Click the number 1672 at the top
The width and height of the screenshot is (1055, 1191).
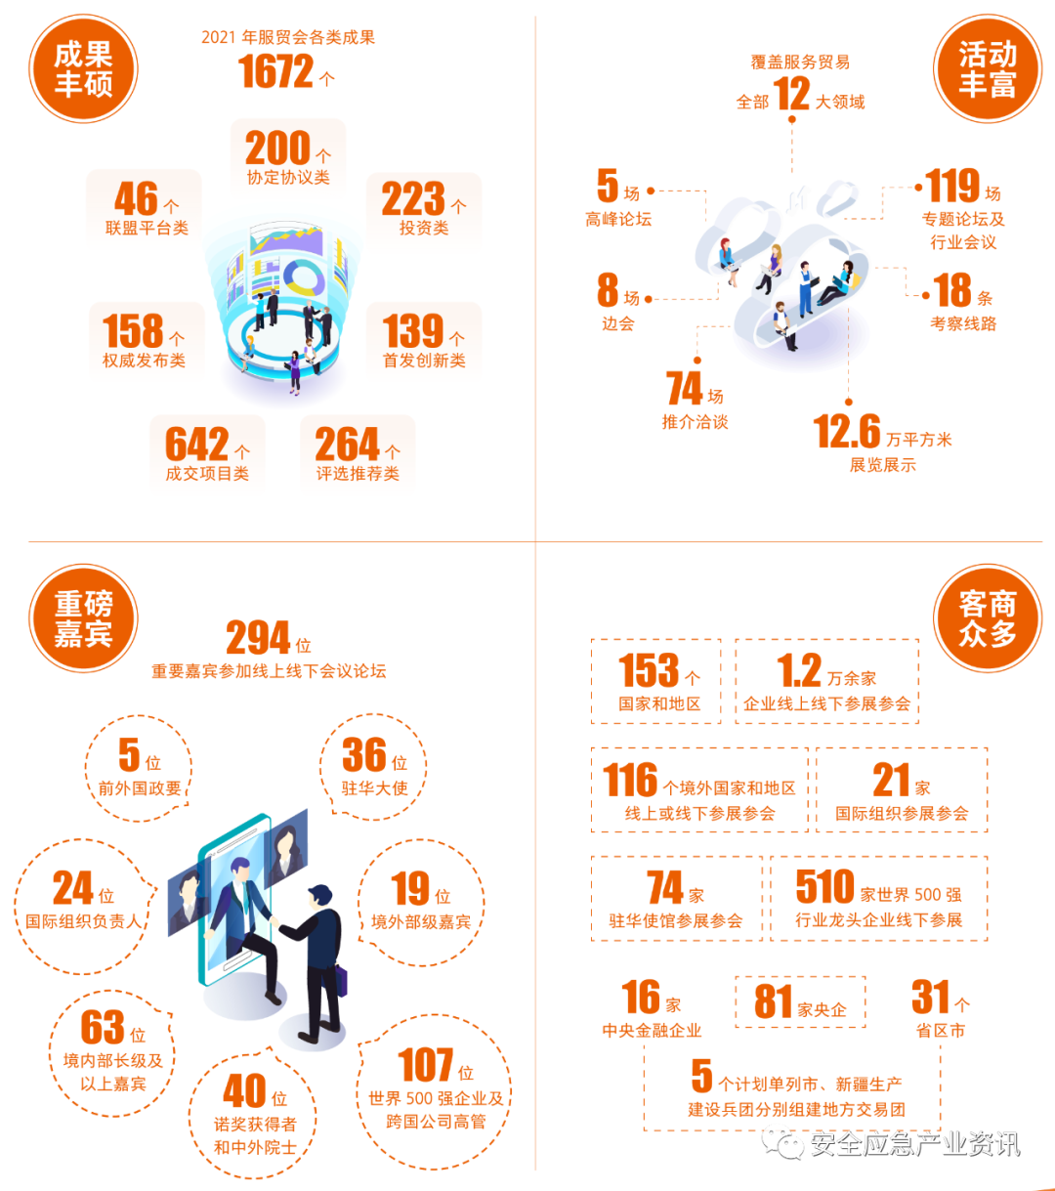pyautogui.click(x=276, y=72)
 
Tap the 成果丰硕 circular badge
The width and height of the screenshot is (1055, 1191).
pyautogui.click(x=83, y=68)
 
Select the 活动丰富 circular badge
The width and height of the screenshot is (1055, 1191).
pyautogui.click(x=988, y=68)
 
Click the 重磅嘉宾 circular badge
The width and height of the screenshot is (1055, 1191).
pyautogui.click(x=83, y=618)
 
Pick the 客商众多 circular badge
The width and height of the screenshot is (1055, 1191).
pyautogui.click(x=988, y=618)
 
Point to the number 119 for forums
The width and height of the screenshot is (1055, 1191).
pyautogui.click(x=953, y=186)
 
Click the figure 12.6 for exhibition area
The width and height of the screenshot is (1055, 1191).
pyautogui.click(x=846, y=432)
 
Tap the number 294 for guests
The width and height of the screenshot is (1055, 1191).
pyautogui.click(x=258, y=639)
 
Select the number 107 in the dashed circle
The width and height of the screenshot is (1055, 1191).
pyautogui.click(x=426, y=1064)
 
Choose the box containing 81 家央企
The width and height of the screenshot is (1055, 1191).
pyautogui.click(x=800, y=1001)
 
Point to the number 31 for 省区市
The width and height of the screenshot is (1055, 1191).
pyautogui.click(x=931, y=997)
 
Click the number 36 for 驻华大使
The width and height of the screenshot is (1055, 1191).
pyautogui.click(x=364, y=754)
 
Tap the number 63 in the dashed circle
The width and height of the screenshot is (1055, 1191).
pyautogui.click(x=103, y=1026)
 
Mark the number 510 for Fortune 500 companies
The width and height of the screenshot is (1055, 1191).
pyautogui.click(x=824, y=887)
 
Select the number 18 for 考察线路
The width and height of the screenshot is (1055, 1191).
pyautogui.click(x=952, y=291)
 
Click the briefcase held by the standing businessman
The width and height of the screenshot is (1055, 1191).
pyautogui.click(x=342, y=980)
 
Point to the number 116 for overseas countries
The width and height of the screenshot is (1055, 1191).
pyautogui.click(x=630, y=780)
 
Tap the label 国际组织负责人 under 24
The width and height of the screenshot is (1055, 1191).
pyautogui.click(x=85, y=920)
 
